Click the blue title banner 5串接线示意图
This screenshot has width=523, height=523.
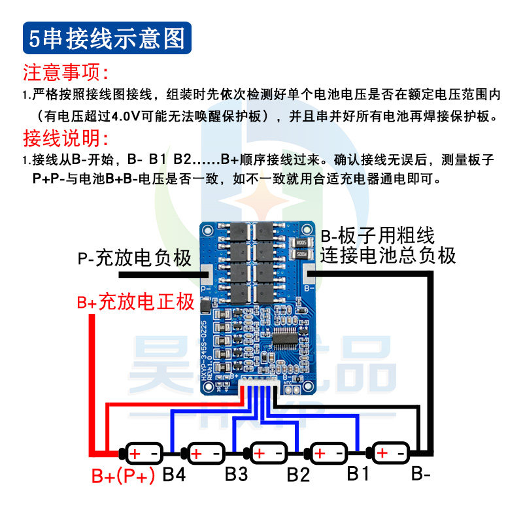tap(108, 38)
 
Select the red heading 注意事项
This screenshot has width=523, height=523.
tap(65, 72)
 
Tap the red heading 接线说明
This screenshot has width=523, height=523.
tap(65, 139)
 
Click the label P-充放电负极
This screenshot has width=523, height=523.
tap(135, 258)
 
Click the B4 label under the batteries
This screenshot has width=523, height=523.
tap(174, 475)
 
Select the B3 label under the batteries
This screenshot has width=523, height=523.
tap(237, 475)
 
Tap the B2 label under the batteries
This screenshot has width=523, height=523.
tap(298, 475)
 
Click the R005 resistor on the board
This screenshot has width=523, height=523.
tap(301, 242)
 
